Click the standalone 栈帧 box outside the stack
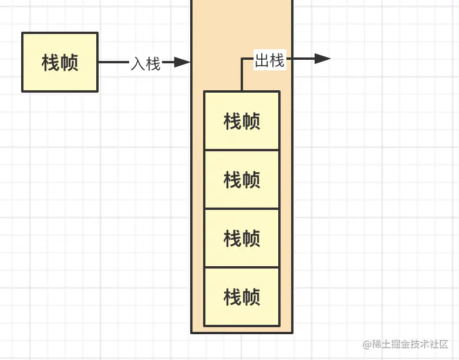[x=60, y=62]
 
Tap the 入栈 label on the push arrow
[x=145, y=63]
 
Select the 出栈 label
[x=270, y=60]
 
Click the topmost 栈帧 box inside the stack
[x=242, y=121]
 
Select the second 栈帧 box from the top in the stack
[x=242, y=179]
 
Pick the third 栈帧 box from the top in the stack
[x=242, y=238]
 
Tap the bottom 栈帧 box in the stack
[x=242, y=297]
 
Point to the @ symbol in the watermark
[x=367, y=344]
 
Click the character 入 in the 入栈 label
[x=137, y=63]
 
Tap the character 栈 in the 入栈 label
[x=153, y=63]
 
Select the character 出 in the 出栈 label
[x=262, y=60]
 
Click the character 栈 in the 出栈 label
[x=278, y=60]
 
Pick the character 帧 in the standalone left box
[x=69, y=62]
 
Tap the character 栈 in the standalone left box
[x=51, y=62]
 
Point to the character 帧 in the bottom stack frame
[x=251, y=297]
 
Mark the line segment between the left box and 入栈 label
[x=113, y=62]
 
